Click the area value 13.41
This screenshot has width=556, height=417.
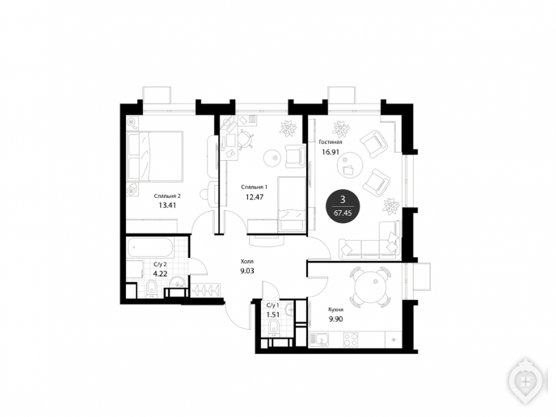coord(167,205)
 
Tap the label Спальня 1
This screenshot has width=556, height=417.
coord(255,187)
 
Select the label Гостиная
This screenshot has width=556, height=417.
coord(331,142)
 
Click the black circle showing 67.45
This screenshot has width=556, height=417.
coord(343,206)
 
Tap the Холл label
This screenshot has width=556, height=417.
coord(247,262)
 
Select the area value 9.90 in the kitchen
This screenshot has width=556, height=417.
coord(335,318)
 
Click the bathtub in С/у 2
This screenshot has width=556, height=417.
coord(150,248)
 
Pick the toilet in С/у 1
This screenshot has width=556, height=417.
coord(273,326)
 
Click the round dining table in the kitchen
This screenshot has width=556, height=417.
coord(369,287)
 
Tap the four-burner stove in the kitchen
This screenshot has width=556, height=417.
coord(351,339)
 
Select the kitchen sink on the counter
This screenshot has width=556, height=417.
coord(319,339)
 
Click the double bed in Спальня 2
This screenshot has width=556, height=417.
coord(155,157)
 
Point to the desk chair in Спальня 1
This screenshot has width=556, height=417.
coord(246,139)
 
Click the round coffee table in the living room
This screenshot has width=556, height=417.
coord(351,165)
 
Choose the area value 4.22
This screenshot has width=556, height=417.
coord(160,273)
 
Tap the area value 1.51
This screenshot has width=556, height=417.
coord(273,314)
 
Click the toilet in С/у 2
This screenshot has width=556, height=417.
coord(151,288)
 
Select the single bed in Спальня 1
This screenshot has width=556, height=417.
coord(292,204)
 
